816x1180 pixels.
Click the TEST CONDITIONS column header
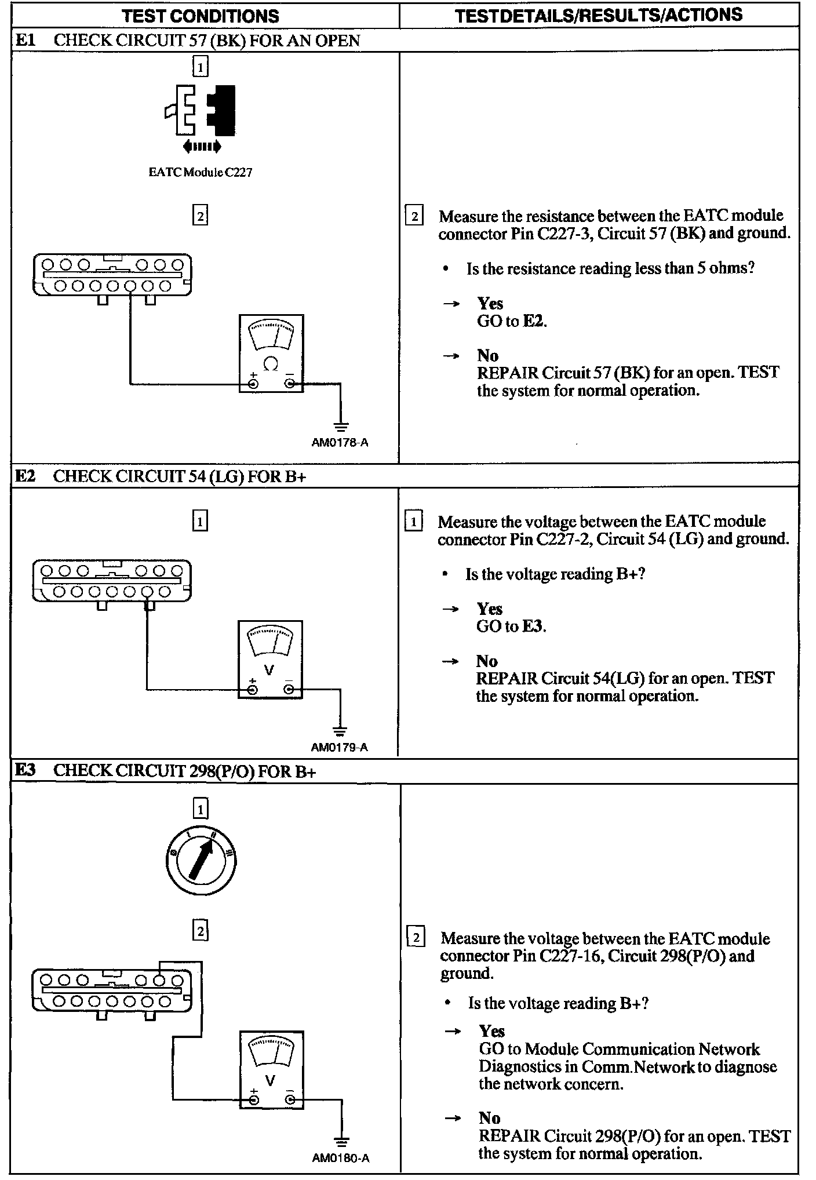point(201,16)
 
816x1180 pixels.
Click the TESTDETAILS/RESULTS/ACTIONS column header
point(598,15)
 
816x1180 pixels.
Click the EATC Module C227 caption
point(201,172)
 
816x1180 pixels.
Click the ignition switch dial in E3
point(200,859)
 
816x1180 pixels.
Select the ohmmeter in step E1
point(271,354)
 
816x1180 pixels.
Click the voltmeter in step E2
point(270,660)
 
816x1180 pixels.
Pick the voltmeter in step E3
point(271,1070)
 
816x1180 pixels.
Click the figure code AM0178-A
point(340,443)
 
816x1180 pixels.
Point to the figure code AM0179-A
point(340,748)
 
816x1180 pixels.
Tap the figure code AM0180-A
point(341,1158)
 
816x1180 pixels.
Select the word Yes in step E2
point(490,609)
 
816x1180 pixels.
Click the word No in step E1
point(488,355)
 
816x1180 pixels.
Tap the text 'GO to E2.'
point(512,321)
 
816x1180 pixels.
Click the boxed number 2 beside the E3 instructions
point(416,938)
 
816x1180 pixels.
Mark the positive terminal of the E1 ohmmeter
point(253,384)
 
